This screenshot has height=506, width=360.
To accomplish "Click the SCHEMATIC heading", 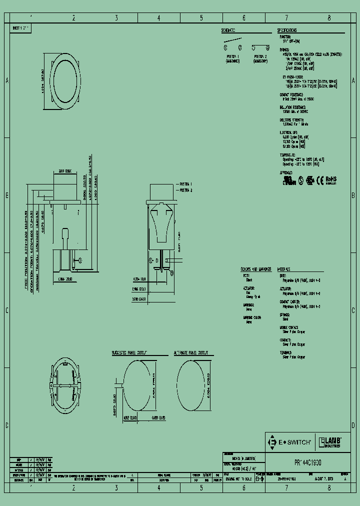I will point(229,30).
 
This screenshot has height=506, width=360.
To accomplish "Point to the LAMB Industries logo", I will point(330,442).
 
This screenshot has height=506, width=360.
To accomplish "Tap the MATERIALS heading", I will point(285,268).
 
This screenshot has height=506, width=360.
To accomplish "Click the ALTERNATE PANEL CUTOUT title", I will point(191,352).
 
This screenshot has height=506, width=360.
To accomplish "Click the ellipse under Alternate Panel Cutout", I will point(195,386).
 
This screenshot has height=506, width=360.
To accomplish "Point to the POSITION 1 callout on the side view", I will point(185,185).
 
